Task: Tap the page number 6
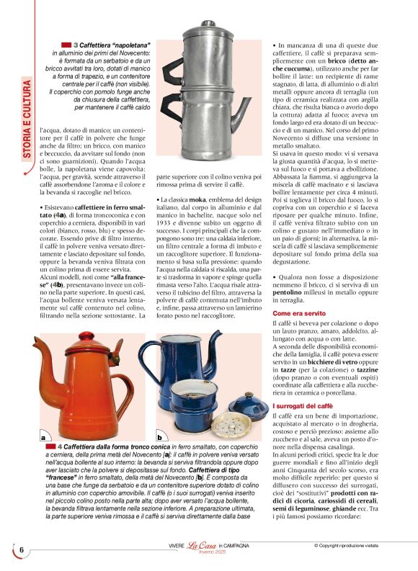22,550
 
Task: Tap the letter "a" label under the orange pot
44,436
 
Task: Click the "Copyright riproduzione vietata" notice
356,545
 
